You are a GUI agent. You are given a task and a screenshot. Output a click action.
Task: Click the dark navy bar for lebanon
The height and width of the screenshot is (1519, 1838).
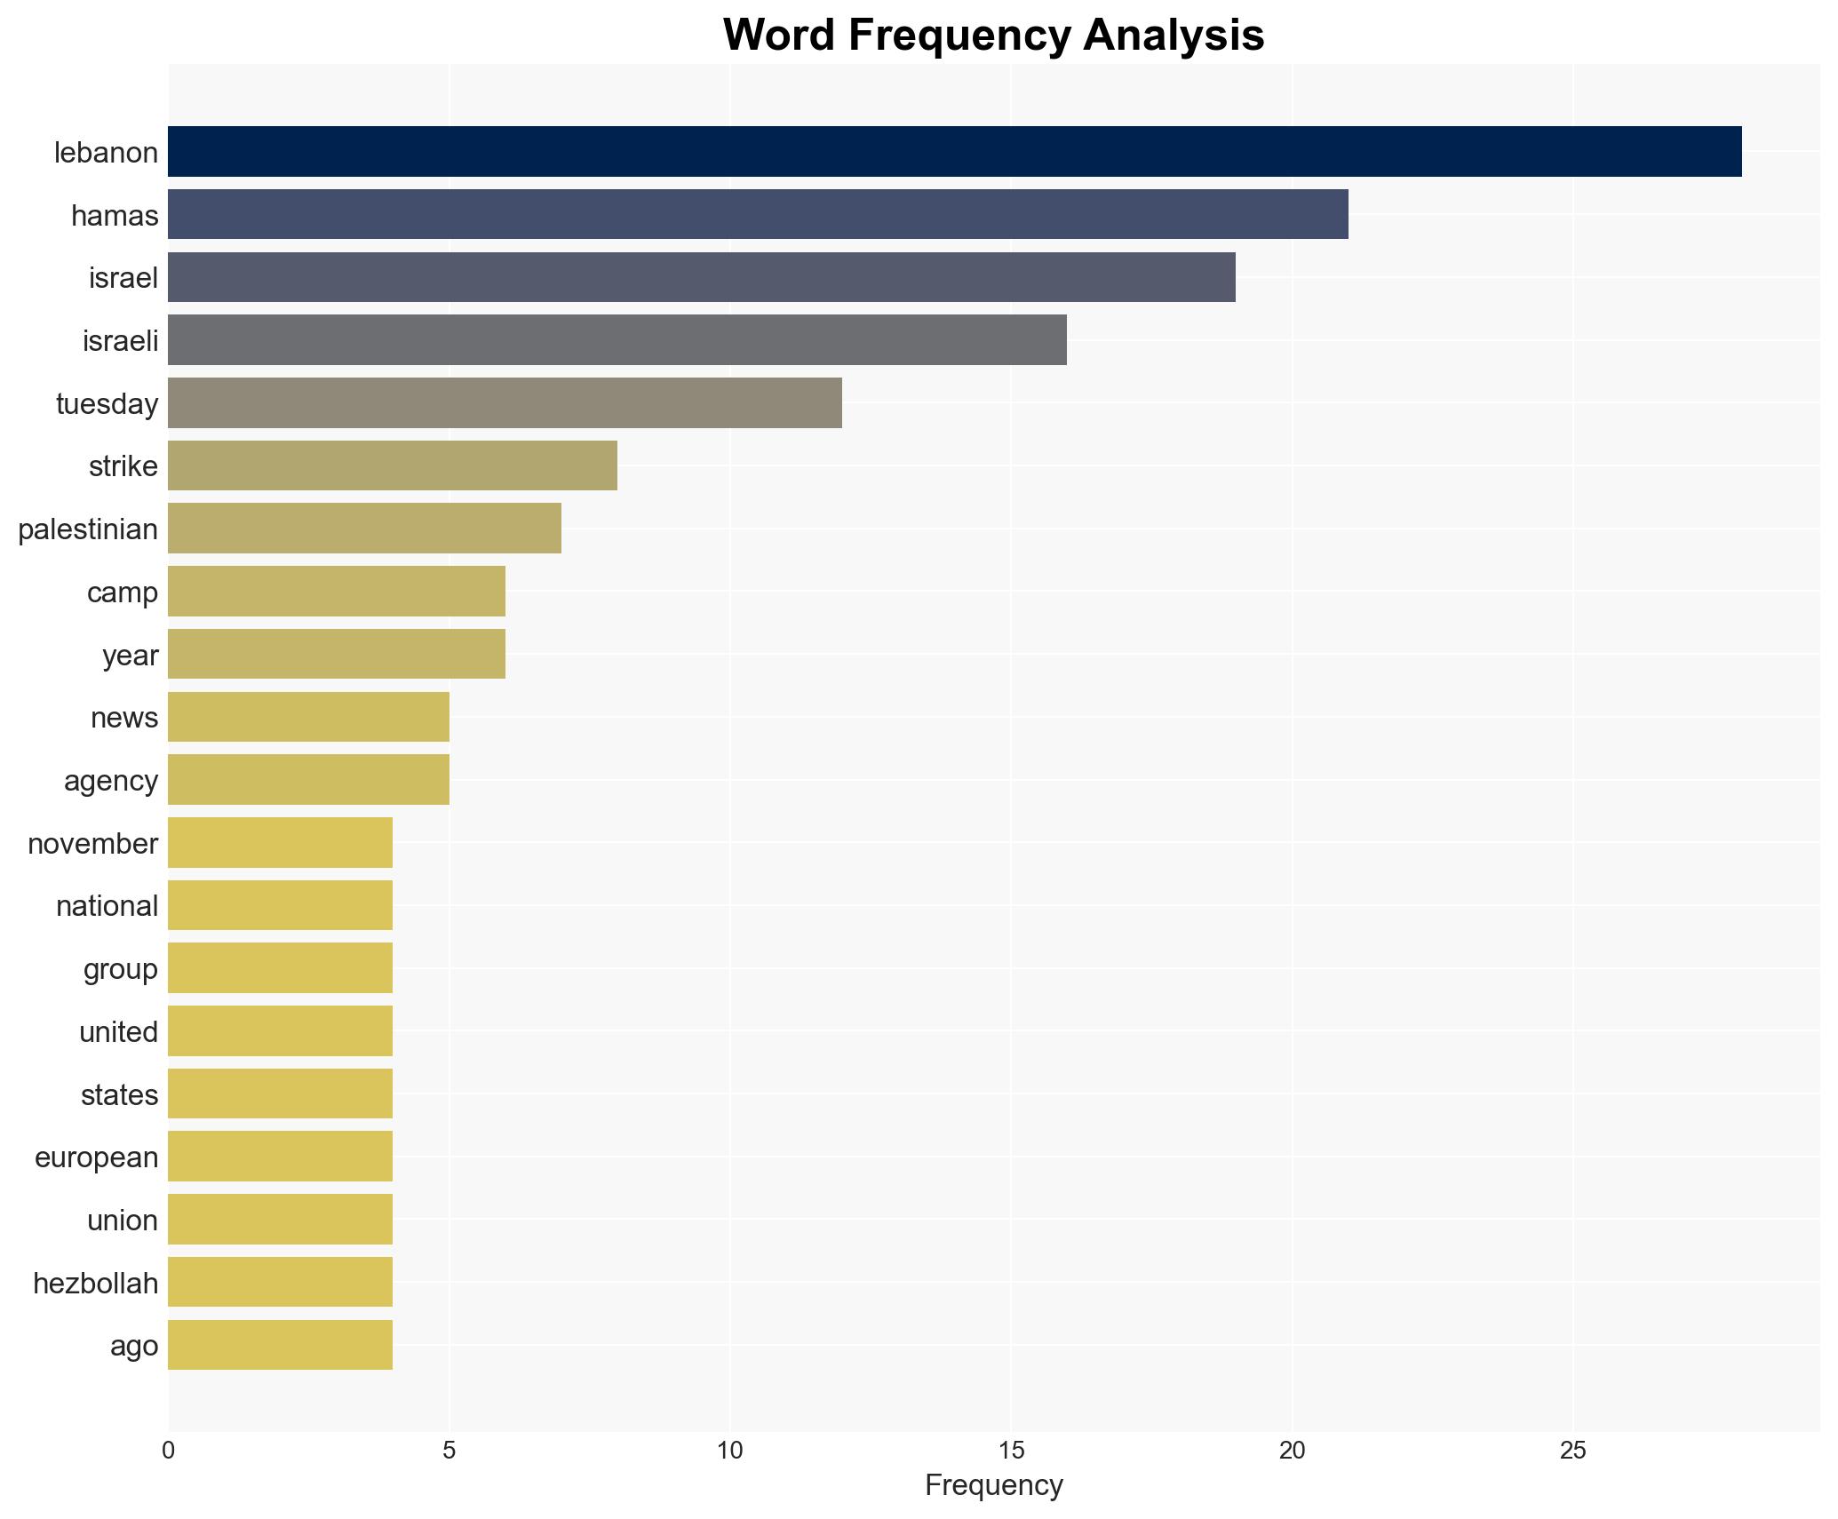(954, 152)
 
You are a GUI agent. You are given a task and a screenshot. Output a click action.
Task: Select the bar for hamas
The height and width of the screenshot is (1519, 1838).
(758, 214)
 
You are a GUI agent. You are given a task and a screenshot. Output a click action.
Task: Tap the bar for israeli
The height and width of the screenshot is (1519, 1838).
(617, 340)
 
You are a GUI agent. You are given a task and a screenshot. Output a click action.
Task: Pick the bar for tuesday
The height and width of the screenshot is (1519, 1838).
(505, 402)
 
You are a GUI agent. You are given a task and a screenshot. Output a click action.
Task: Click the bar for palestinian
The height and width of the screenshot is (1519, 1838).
(364, 529)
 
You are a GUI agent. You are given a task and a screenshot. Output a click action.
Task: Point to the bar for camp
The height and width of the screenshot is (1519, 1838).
(337, 592)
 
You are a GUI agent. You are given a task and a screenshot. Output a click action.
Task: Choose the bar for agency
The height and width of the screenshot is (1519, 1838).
(308, 780)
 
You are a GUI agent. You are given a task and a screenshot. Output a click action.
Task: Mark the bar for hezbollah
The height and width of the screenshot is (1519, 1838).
(280, 1282)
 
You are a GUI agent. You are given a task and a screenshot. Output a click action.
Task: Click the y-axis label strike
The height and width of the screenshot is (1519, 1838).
(123, 466)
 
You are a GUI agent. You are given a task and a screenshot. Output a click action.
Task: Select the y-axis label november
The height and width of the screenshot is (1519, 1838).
(92, 843)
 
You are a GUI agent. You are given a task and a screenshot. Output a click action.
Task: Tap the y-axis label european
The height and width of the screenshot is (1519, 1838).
(96, 1157)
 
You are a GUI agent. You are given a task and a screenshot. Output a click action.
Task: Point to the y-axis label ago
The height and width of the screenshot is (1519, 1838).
(134, 1346)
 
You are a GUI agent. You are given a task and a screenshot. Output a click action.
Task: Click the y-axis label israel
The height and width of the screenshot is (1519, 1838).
(123, 278)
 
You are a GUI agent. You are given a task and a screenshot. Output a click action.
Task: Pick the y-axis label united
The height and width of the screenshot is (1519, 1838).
(118, 1032)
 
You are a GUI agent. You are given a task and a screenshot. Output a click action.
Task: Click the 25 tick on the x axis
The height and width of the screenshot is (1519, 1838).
(1572, 1451)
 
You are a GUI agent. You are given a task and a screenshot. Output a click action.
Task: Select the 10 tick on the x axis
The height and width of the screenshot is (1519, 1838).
(729, 1451)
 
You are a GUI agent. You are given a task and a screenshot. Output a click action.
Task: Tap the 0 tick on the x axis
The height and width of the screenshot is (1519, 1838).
(169, 1451)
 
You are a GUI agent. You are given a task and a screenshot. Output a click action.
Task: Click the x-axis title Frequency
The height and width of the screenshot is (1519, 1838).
(993, 1485)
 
